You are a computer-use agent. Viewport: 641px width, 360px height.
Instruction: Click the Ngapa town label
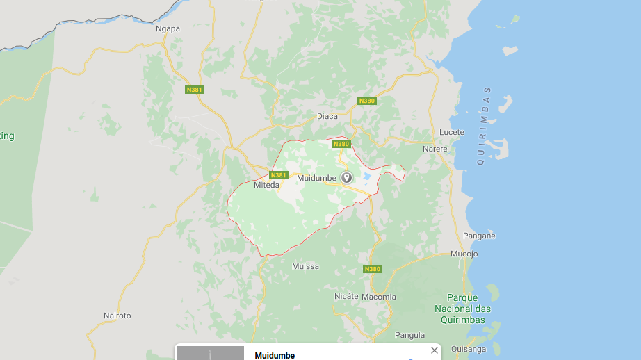point(168,29)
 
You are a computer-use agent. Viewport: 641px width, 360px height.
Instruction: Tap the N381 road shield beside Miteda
point(279,175)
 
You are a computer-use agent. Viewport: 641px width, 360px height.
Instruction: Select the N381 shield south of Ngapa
point(195,90)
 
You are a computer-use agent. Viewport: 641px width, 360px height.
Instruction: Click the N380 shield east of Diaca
point(366,101)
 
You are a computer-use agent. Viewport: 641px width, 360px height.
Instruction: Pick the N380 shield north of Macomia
point(373,269)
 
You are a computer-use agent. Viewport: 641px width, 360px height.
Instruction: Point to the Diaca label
point(327,116)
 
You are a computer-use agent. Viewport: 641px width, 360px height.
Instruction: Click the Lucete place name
point(451,132)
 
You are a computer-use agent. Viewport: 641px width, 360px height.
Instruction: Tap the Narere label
point(435,149)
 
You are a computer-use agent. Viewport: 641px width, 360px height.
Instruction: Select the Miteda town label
point(266,186)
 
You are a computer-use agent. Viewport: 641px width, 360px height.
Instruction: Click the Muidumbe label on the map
point(316,178)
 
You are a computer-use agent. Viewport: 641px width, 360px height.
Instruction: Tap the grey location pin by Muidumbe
point(346,177)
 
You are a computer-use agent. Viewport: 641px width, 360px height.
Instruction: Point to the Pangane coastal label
point(479,236)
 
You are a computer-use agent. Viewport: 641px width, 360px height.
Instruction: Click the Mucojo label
point(464,254)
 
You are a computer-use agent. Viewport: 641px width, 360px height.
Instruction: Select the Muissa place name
point(305,266)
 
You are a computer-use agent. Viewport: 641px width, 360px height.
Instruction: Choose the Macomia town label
point(379,297)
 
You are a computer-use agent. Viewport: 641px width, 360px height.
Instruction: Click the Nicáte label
point(346,296)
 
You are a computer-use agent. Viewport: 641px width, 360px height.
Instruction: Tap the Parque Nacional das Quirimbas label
point(462,309)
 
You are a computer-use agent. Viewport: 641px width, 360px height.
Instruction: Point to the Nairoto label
point(117,316)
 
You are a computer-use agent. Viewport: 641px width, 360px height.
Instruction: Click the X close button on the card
point(435,350)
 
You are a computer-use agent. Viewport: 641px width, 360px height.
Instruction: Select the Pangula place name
point(409,335)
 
